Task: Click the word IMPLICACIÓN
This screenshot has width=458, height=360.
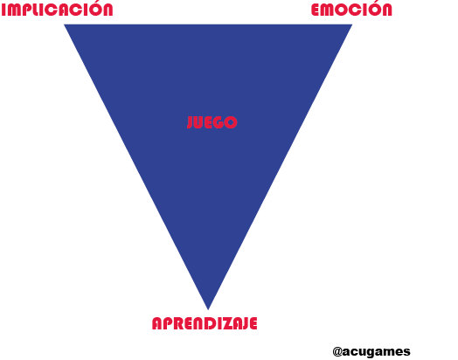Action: tap(58, 9)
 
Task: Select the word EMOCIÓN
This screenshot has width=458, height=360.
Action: tap(351, 9)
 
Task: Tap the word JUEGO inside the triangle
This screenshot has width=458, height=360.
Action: tap(212, 122)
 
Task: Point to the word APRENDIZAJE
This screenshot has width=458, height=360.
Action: tap(205, 323)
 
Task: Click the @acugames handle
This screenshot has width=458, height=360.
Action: tap(371, 351)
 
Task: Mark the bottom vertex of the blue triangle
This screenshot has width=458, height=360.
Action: tap(208, 309)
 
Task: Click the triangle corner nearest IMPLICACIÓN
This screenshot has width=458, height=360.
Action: tap(65, 24)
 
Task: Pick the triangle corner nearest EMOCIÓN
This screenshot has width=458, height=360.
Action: tap(351, 24)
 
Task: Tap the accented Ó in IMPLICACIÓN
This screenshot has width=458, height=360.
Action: tap(93, 9)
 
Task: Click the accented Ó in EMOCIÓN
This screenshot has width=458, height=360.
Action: tap(372, 9)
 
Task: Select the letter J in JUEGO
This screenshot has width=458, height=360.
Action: tap(191, 122)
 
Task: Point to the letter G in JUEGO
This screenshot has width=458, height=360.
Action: tap(219, 122)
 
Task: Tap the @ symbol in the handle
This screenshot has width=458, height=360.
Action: tap(337, 352)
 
